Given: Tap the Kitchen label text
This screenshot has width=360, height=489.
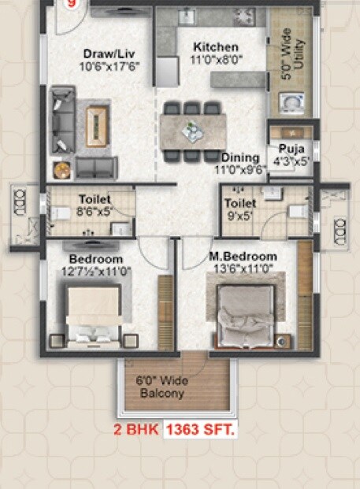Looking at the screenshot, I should [x=209, y=47].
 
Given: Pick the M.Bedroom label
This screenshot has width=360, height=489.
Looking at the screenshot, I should [x=243, y=257].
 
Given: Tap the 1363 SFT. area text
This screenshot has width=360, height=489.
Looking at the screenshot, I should [x=201, y=431].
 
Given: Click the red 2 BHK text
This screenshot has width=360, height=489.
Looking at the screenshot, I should [x=138, y=431].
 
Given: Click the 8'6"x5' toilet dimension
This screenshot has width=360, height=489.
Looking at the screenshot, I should [x=94, y=211].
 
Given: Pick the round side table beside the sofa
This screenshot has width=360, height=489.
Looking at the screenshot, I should [x=61, y=169].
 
